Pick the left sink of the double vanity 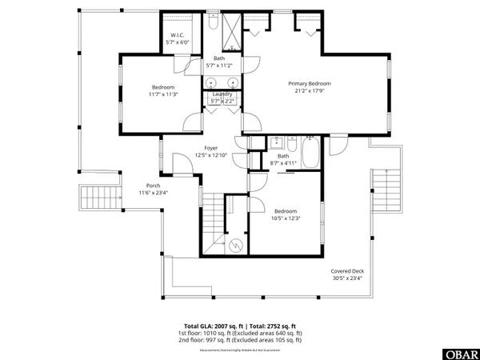(x=211, y=82)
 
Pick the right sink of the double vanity (x=233, y=82)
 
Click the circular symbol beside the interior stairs (x=235, y=245)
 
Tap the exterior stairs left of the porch (x=98, y=196)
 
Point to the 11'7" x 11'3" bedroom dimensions (x=163, y=94)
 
